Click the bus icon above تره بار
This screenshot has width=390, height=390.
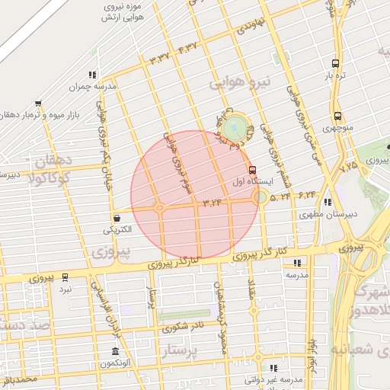[336, 64]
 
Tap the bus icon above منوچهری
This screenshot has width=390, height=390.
[337, 117]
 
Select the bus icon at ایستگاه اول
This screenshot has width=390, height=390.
[252, 170]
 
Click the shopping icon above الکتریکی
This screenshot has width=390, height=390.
[115, 217]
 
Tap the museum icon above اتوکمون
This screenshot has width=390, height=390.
[115, 352]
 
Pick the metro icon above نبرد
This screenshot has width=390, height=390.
[65, 277]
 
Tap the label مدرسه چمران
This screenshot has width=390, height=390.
[92, 87]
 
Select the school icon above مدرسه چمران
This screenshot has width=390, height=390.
[92, 75]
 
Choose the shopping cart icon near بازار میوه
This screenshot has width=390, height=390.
[38, 104]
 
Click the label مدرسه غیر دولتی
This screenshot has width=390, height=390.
[279, 379]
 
